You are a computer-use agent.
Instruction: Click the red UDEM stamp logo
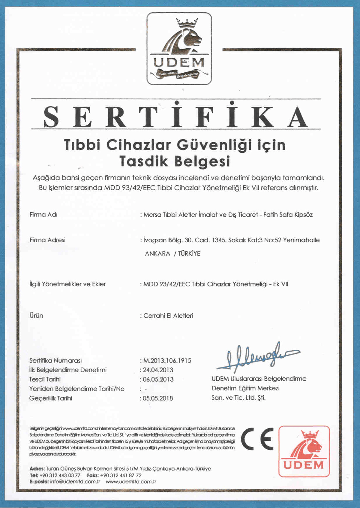304,451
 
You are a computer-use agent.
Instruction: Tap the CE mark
257,439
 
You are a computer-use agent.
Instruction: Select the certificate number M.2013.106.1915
167,361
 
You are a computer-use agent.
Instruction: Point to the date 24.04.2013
158,370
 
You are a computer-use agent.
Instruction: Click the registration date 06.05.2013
158,379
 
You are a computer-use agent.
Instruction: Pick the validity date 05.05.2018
158,398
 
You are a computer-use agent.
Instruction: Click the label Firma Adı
43,215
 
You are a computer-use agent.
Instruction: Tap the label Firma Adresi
47,240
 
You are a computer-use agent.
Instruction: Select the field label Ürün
36,316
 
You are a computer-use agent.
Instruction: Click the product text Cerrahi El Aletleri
168,316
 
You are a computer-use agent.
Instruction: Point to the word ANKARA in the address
157,254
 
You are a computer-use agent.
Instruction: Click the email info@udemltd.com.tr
75,482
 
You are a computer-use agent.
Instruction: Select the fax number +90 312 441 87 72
121,475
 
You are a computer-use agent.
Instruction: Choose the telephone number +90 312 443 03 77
60,475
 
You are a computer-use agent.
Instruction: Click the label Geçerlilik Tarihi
51,398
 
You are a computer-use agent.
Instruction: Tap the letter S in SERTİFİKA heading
51,117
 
